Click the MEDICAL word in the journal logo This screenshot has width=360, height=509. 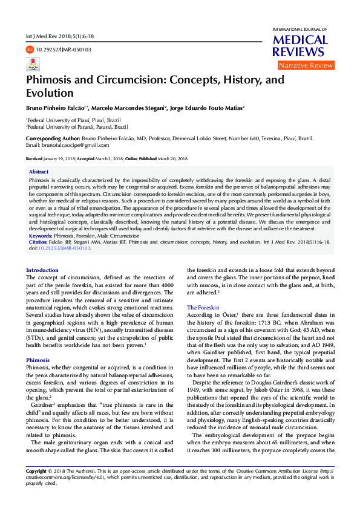[x=301, y=40]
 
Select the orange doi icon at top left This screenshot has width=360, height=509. [x=30, y=50]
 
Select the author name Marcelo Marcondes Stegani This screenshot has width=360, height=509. [x=129, y=108]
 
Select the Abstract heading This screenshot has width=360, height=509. [x=39, y=172]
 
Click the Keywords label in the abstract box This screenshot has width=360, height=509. [x=41, y=236]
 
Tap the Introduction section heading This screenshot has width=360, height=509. [x=42, y=270]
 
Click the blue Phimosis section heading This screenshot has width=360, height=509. [x=38, y=360]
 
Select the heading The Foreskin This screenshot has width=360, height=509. [x=203, y=308]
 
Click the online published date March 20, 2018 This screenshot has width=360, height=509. [x=172, y=158]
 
